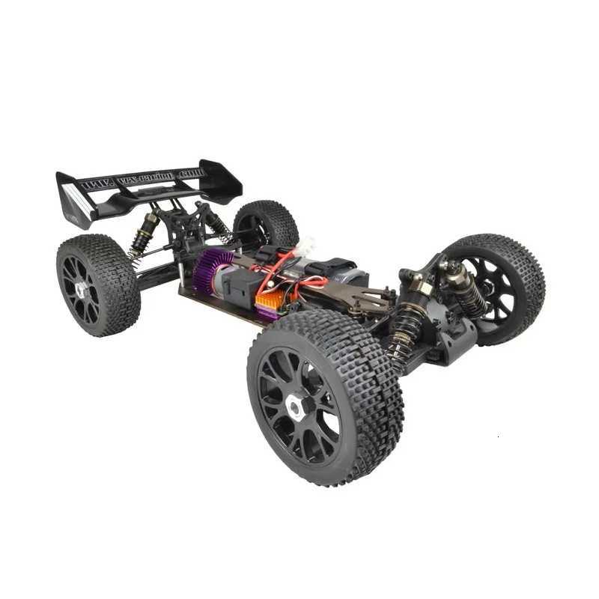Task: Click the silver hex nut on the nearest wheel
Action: [x=295, y=407]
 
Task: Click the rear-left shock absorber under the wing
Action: [x=143, y=232]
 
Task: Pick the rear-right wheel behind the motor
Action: [x=267, y=221]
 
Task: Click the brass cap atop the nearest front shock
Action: [x=419, y=288]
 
